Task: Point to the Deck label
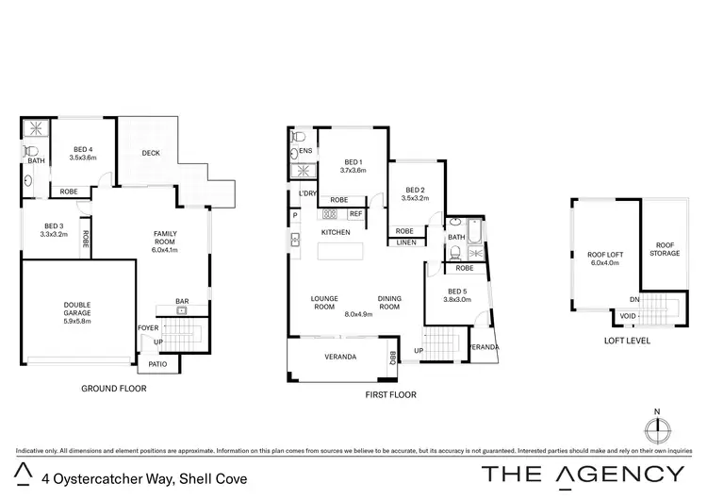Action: (x=150, y=153)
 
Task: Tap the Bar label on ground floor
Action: (x=182, y=302)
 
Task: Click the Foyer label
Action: (x=148, y=327)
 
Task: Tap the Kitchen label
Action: (x=336, y=231)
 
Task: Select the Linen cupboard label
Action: (x=406, y=242)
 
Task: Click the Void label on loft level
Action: (x=627, y=317)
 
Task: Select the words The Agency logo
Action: (x=584, y=474)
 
